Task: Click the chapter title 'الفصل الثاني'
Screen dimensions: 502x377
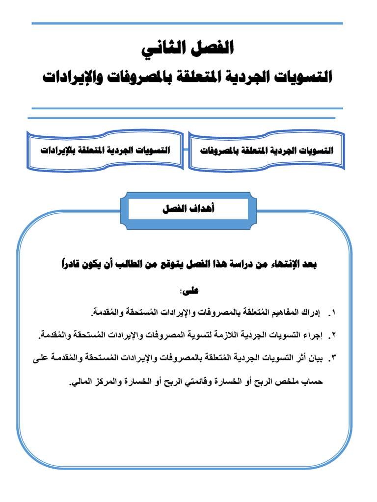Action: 188,50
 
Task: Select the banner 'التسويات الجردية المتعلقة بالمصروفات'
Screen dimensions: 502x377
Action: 267,151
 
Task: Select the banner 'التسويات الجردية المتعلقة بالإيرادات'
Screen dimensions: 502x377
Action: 105,151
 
